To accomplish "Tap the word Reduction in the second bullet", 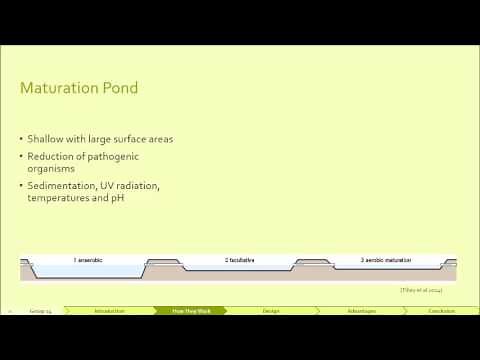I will (x=54, y=157).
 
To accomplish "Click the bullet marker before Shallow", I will (x=22, y=139).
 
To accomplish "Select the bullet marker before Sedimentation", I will (x=22, y=186).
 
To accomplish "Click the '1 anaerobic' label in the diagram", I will (x=88, y=260).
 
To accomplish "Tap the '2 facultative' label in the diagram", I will (x=238, y=260).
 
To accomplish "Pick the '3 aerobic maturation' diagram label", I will (x=387, y=260).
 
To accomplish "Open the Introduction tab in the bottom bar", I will (x=110, y=311).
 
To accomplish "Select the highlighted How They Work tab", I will (x=191, y=311).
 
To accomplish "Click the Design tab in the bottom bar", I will (x=271, y=311).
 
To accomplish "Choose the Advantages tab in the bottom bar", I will (x=362, y=311).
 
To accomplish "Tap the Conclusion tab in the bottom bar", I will (x=442, y=311).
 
